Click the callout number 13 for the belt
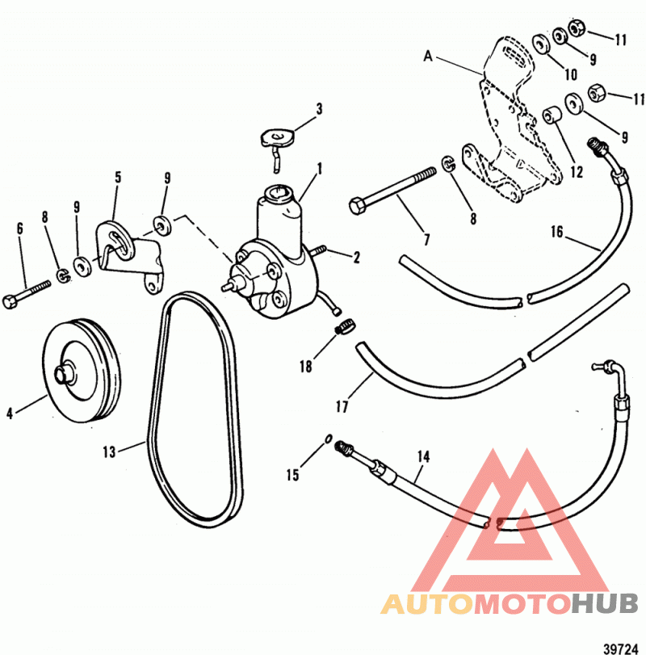(109, 451)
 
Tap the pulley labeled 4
(82, 370)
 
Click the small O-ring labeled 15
(329, 439)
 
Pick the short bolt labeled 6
(27, 294)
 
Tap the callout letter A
(428, 56)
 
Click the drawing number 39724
(621, 649)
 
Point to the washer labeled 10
(542, 44)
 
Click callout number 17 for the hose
(342, 406)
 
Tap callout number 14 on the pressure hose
(423, 456)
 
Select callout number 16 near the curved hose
(556, 232)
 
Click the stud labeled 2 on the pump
(320, 250)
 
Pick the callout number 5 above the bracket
(118, 178)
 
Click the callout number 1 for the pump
(320, 169)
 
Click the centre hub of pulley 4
(64, 372)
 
